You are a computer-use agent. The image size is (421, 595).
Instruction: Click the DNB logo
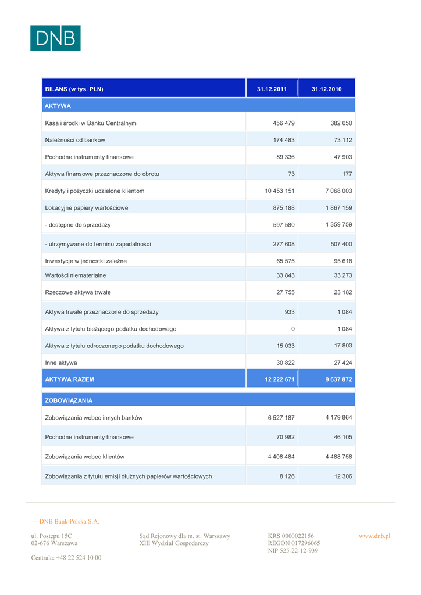tap(55, 38)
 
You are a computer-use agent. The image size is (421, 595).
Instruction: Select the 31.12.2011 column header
tap(272, 89)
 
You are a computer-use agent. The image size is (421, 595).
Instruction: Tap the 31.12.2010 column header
tap(326, 89)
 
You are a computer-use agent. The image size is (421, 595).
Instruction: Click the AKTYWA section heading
tap(58, 106)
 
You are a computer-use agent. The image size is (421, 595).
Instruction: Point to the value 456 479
tap(284, 123)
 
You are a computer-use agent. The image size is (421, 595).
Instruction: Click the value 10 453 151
tap(280, 191)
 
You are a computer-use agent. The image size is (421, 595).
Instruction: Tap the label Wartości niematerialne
tap(76, 275)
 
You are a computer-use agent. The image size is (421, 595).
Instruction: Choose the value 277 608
tap(284, 244)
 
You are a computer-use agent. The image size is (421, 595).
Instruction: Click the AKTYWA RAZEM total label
tap(69, 379)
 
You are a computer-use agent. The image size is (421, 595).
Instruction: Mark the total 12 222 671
tap(280, 379)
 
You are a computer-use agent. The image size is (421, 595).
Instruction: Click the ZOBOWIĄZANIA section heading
tap(69, 400)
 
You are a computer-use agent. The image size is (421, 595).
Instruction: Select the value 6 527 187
tap(281, 417)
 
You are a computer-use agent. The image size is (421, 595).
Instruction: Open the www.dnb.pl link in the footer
tap(374, 536)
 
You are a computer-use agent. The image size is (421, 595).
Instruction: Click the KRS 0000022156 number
tap(291, 536)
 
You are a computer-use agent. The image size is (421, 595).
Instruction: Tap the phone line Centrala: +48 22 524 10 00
tap(66, 558)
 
